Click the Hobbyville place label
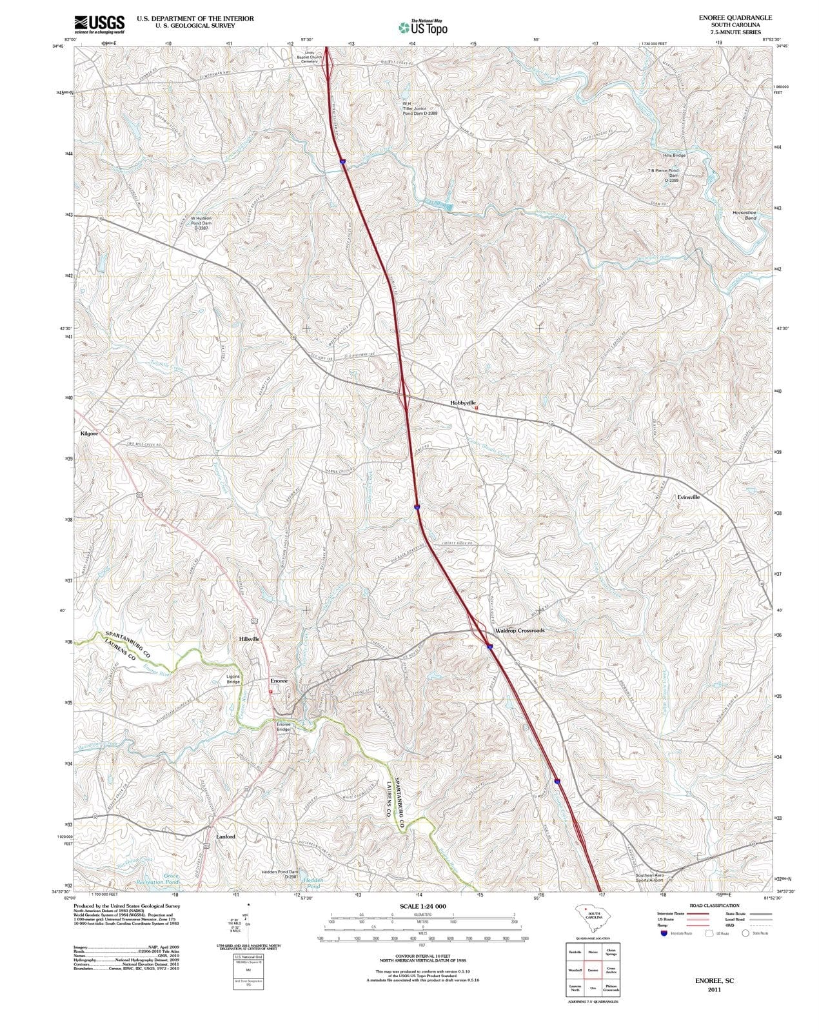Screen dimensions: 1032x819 click(462, 402)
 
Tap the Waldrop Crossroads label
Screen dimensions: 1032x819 click(519, 630)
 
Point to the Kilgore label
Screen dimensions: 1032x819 click(89, 433)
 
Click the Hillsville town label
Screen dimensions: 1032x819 click(249, 639)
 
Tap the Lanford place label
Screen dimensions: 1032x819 click(225, 837)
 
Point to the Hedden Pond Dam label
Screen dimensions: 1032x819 click(279, 874)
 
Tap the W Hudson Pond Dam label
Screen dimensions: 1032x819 click(200, 223)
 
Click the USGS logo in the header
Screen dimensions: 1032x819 click(99, 24)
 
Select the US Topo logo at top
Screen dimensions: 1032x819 click(422, 27)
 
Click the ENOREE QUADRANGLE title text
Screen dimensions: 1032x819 click(735, 17)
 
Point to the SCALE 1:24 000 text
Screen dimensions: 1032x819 click(422, 906)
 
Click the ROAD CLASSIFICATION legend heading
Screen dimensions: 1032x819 click(715, 906)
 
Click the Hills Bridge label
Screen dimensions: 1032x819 click(674, 155)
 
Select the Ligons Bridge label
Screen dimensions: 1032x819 click(233, 679)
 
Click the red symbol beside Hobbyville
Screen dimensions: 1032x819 click(476, 408)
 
